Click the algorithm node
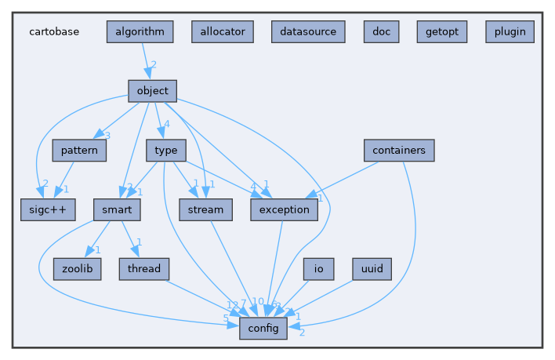pos(140,31)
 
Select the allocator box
pos(223,31)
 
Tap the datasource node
pos(308,31)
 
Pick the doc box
pos(381,31)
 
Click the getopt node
pos(442,31)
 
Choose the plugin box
pos(510,31)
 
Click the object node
pos(152,91)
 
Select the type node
pos(165,150)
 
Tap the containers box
pos(399,150)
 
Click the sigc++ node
pos(49,209)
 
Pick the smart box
pos(117,209)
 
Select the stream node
pos(205,209)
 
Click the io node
pos(318,269)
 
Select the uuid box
pos(372,269)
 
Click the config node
pos(263,329)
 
